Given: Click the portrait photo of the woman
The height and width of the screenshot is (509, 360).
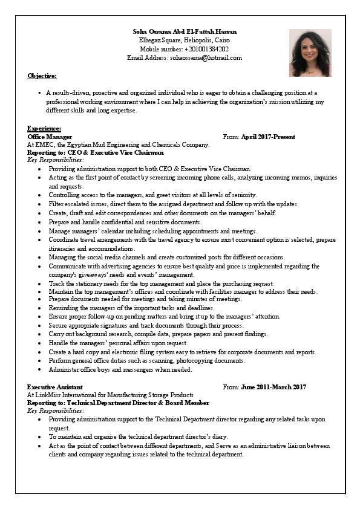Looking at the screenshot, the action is (x=310, y=48).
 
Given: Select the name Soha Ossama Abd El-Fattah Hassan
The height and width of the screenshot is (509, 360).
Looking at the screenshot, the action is (x=185, y=31).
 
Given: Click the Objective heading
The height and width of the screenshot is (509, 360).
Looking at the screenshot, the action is (x=42, y=76).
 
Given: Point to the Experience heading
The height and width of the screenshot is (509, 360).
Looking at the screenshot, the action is (x=44, y=128).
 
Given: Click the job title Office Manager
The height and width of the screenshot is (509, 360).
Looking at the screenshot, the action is (x=50, y=137).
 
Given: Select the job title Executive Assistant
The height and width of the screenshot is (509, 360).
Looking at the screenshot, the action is (x=55, y=387).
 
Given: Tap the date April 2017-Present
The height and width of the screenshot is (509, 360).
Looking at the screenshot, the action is (x=268, y=137).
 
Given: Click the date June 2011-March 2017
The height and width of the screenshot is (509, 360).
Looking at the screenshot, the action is (x=273, y=387).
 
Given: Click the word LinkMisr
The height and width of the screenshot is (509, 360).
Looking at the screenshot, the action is (x=49, y=395).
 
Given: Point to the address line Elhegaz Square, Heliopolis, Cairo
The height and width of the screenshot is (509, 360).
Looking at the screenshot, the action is (x=185, y=40).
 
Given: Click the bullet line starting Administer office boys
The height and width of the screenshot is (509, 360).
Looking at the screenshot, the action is (x=120, y=369).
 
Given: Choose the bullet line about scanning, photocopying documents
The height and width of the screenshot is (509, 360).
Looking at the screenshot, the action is (x=147, y=361).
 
